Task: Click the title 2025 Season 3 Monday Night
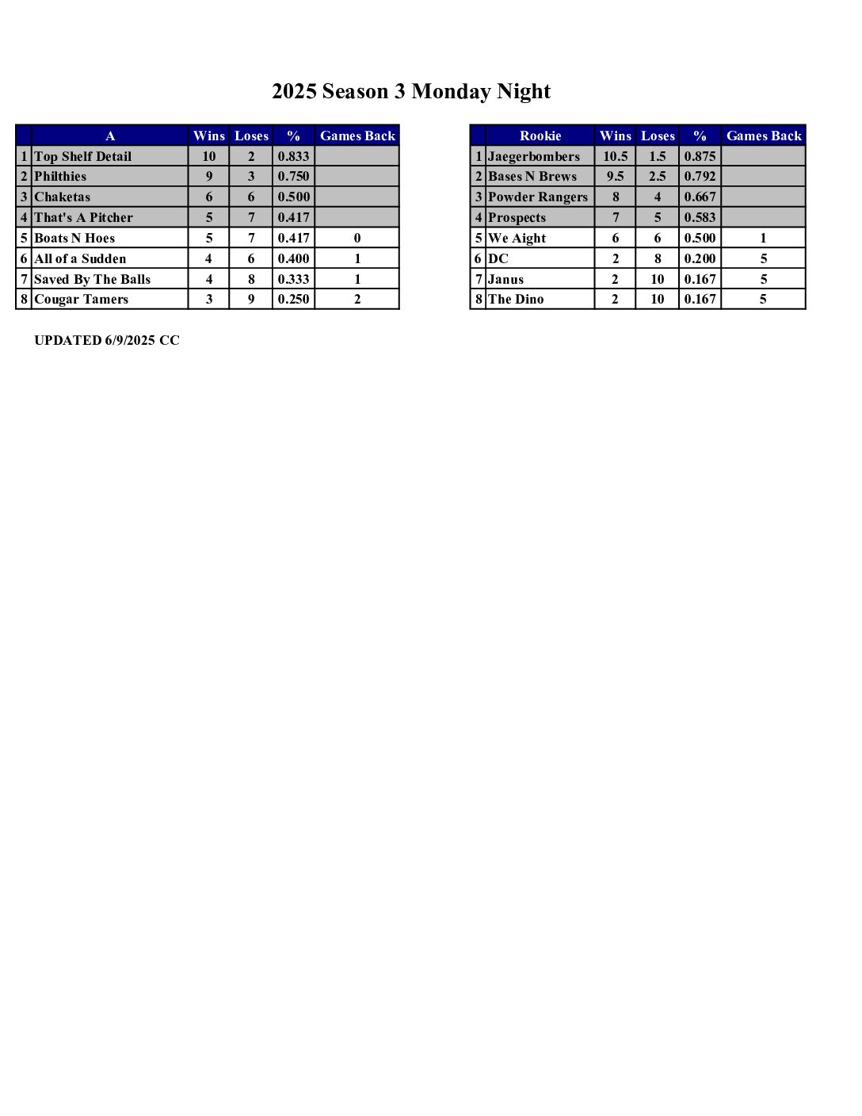(x=410, y=92)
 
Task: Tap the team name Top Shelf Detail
(x=82, y=156)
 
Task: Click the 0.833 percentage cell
(x=293, y=156)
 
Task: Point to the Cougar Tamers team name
(x=81, y=299)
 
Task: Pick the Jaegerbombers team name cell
(x=533, y=156)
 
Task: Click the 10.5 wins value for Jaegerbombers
(x=615, y=156)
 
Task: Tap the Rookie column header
(x=540, y=136)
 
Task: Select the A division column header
(x=109, y=136)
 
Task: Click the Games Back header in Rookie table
(x=763, y=136)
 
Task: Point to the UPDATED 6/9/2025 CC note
(x=107, y=340)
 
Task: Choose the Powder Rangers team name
(x=537, y=197)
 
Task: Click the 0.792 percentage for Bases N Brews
(x=700, y=176)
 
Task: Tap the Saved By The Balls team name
(x=92, y=279)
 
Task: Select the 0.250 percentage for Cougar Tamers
(x=293, y=299)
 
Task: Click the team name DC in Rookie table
(x=498, y=258)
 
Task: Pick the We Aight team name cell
(x=517, y=238)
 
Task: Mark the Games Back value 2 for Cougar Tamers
(x=357, y=299)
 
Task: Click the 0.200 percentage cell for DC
(x=700, y=258)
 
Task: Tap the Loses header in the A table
(x=251, y=136)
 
